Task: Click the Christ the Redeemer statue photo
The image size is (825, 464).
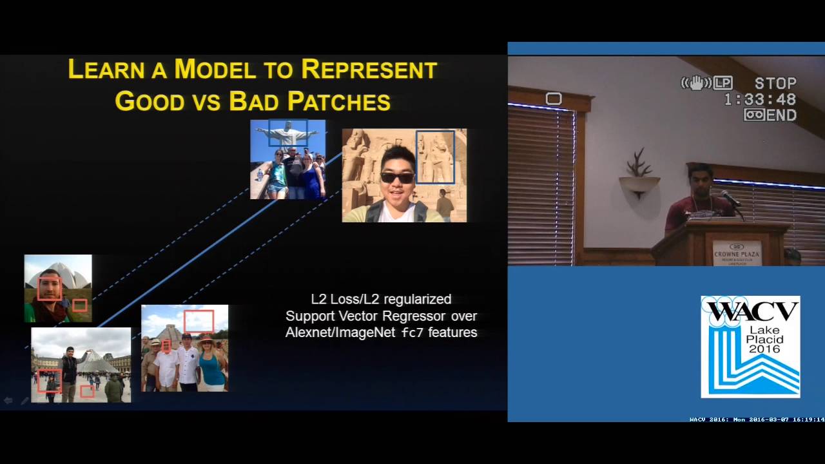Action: pos(287,159)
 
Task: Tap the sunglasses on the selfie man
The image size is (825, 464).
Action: pos(397,177)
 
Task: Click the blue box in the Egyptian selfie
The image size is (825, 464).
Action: pos(435,158)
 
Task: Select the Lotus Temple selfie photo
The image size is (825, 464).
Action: pos(58,288)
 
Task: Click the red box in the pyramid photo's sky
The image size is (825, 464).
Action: pos(199,321)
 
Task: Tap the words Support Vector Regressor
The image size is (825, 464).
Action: pos(381,316)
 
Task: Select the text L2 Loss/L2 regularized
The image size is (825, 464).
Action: pos(381,299)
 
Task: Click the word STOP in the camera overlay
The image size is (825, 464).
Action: pos(775,84)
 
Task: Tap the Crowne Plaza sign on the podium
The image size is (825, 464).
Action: pos(737,253)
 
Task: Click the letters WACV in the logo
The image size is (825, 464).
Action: pos(750,311)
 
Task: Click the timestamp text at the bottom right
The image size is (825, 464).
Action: pos(756,420)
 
